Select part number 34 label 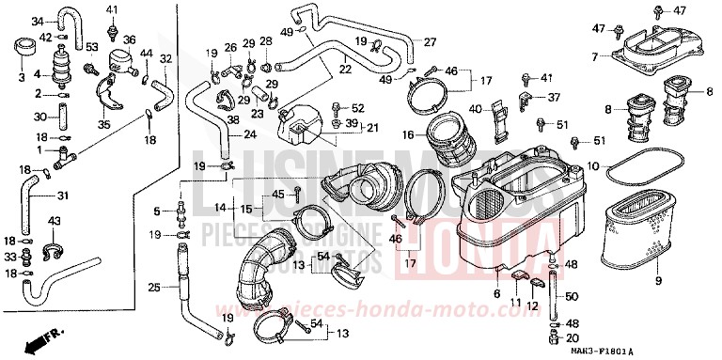[37, 21]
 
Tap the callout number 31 [64, 196]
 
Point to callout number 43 [55, 221]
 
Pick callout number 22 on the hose [345, 69]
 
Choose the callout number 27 [429, 42]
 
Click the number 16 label [408, 135]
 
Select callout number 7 [594, 57]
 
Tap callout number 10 [593, 165]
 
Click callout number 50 [570, 298]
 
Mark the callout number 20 [571, 337]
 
